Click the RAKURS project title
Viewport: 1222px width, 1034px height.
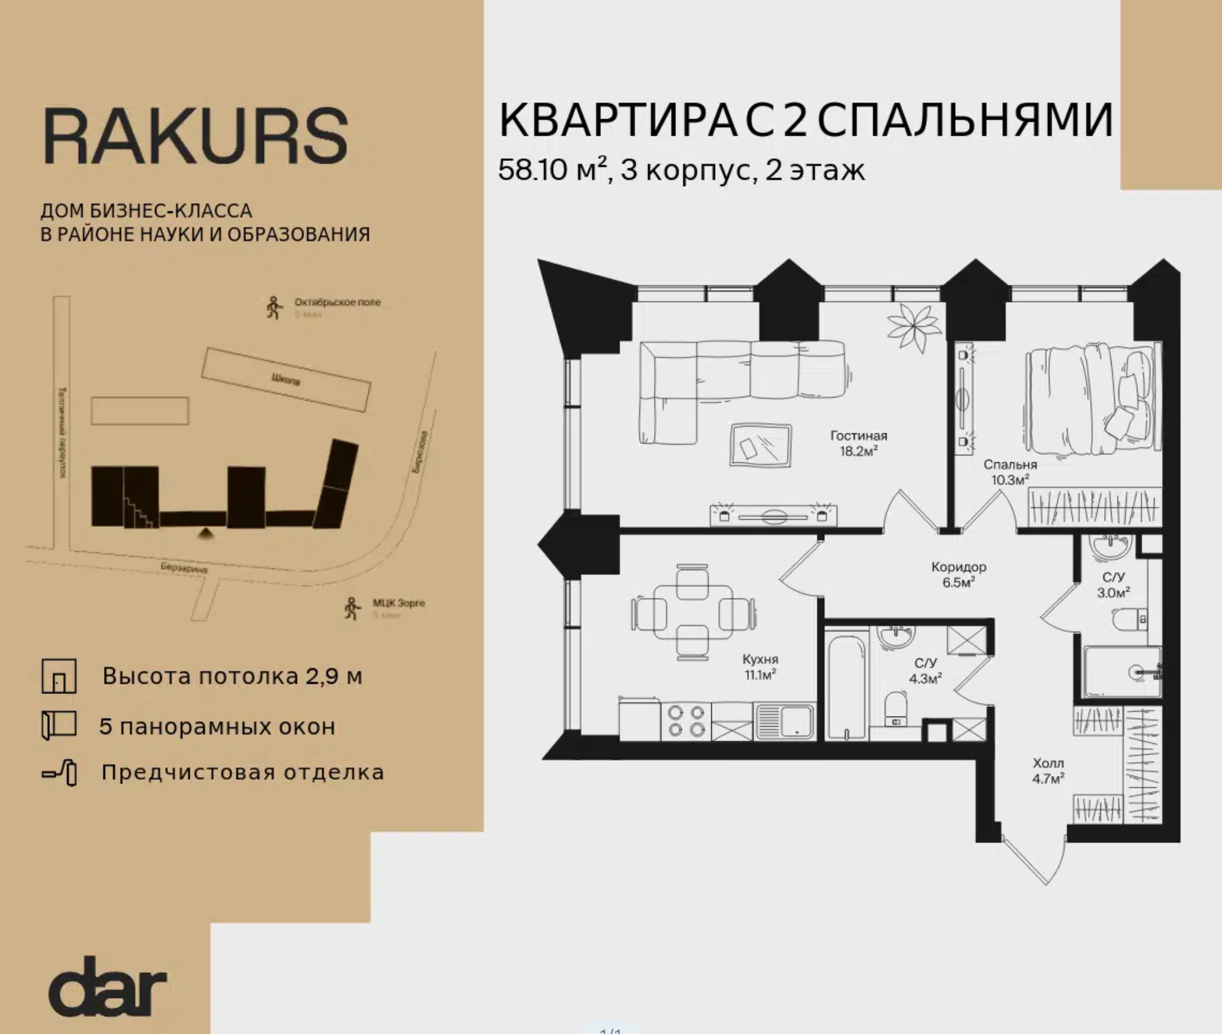pyautogui.click(x=195, y=136)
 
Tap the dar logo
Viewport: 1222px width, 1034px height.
pyautogui.click(x=107, y=987)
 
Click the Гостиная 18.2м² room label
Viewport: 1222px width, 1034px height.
pyautogui.click(x=858, y=443)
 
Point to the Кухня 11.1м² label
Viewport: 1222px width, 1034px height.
pyautogui.click(x=760, y=666)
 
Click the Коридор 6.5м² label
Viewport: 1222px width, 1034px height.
pyautogui.click(x=958, y=574)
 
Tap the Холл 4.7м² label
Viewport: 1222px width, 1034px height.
pyautogui.click(x=1048, y=771)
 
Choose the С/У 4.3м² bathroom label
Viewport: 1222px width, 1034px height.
pyautogui.click(x=925, y=671)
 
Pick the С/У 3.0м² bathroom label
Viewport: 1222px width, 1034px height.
pyautogui.click(x=1113, y=585)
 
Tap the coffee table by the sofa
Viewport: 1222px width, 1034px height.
pyautogui.click(x=760, y=445)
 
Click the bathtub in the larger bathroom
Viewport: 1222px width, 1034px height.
pyautogui.click(x=846, y=686)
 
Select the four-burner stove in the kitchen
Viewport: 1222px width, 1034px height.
pyautogui.click(x=686, y=721)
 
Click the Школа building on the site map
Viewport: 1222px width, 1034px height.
pyautogui.click(x=286, y=379)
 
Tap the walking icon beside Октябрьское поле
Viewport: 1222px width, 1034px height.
pyautogui.click(x=274, y=308)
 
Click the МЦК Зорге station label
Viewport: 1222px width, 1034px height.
pyautogui.click(x=398, y=603)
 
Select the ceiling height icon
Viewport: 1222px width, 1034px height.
pyautogui.click(x=59, y=676)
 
